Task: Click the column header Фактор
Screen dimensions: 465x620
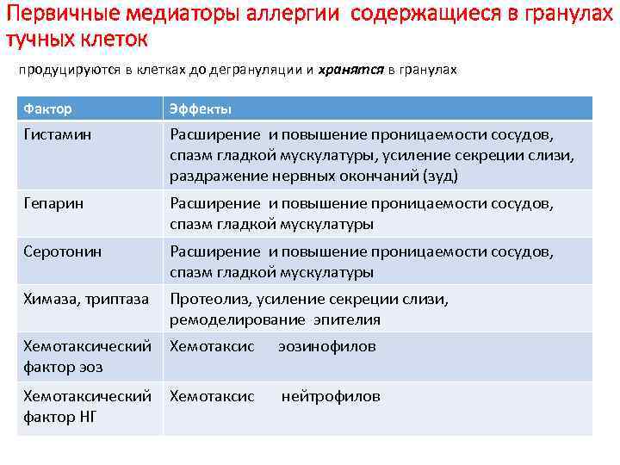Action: click(47, 109)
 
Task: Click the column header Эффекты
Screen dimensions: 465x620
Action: click(200, 109)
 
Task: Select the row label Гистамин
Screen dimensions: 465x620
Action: click(58, 134)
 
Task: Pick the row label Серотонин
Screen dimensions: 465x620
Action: click(63, 251)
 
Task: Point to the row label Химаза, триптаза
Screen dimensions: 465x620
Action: click(86, 299)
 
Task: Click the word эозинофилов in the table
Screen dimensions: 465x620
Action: click(327, 346)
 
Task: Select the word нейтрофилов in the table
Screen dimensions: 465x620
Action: click(331, 396)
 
